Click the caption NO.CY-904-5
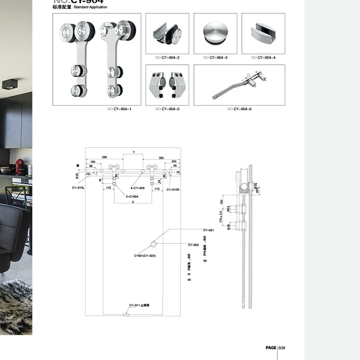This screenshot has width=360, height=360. pyautogui.click(x=168, y=109)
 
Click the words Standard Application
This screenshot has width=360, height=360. pyautogui.click(x=90, y=7)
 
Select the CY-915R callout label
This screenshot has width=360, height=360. pyautogui.click(x=173, y=190)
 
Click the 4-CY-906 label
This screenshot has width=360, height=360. pyautogui.click(x=137, y=188)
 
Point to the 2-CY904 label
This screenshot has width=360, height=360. pyautogui.click(x=132, y=197)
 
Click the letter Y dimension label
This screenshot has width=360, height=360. pyautogui.click(x=134, y=152)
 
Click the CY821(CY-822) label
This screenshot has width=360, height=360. pyautogui.click(x=144, y=256)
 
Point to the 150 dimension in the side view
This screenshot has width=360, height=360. pyautogui.click(x=222, y=202)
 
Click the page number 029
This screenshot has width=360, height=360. pyautogui.click(x=282, y=348)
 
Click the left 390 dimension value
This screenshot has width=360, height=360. pyautogui.click(x=104, y=157)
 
